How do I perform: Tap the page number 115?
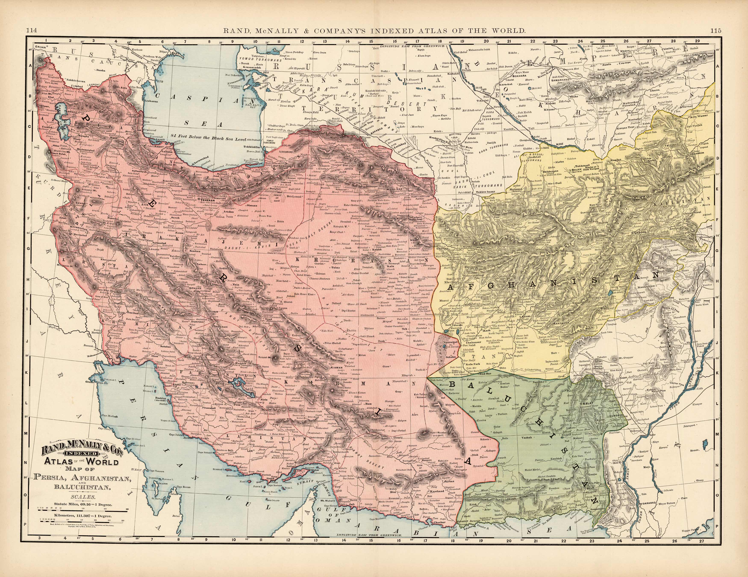pyautogui.click(x=716, y=31)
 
